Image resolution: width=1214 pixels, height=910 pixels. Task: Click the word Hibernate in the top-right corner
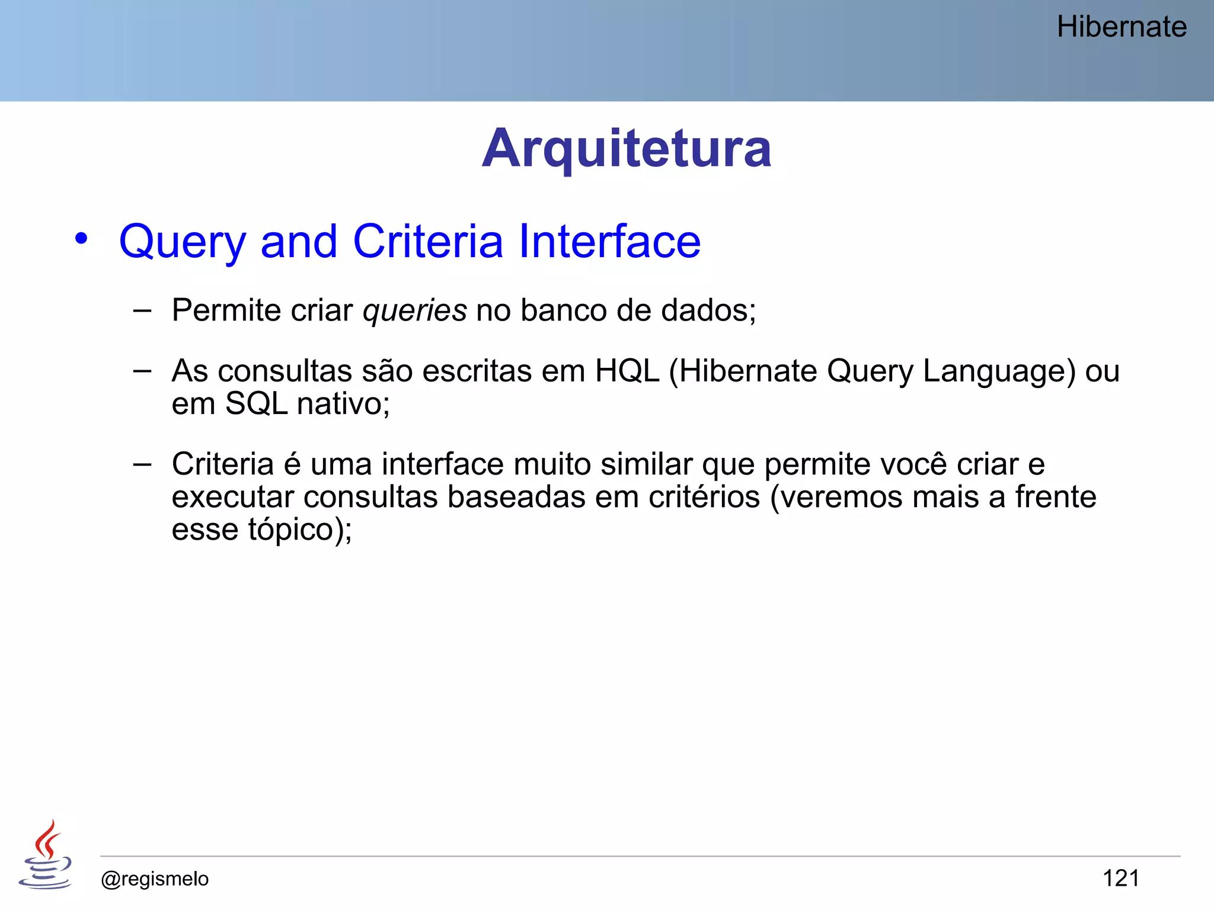click(1122, 27)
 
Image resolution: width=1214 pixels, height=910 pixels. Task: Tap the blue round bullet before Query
click(81, 239)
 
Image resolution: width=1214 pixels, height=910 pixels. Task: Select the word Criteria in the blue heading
click(428, 242)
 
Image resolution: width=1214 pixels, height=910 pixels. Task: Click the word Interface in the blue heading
click(609, 242)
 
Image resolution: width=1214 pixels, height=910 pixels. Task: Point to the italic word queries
click(415, 310)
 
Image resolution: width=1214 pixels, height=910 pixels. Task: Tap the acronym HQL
click(627, 371)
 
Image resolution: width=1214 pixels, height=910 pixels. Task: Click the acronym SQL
click(256, 405)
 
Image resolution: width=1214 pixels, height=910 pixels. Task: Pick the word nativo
click(343, 405)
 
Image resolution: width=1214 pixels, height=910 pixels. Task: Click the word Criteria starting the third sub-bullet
click(223, 464)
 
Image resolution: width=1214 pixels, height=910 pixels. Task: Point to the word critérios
click(704, 497)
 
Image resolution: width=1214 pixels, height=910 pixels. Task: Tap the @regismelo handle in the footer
click(155, 879)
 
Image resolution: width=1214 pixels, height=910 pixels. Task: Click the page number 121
click(1120, 878)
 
